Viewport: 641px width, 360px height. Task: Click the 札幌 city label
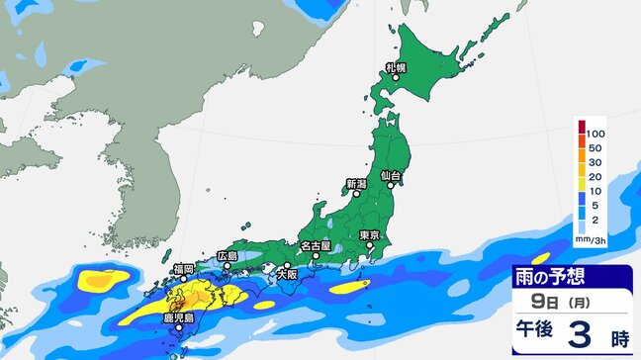pos(396,68)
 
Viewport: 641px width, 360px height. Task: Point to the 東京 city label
pos(371,234)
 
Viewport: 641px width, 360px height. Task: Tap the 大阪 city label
pos(287,275)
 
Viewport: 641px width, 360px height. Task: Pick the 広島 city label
pos(228,256)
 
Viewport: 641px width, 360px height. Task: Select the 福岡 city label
pos(183,268)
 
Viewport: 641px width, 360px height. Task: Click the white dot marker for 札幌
pos(395,78)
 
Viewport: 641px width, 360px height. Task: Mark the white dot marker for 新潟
pos(356,194)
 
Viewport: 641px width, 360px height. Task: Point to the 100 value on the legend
pos(595,132)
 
